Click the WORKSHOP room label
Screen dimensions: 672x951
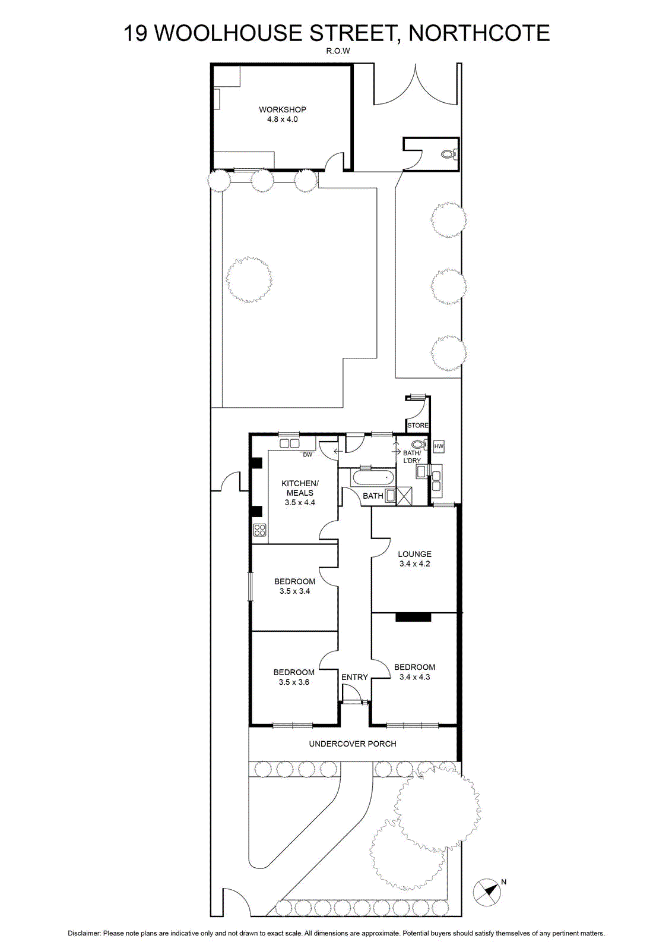point(283,109)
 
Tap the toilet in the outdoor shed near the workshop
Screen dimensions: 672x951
point(449,154)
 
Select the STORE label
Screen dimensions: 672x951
point(417,425)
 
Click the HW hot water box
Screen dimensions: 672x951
point(439,446)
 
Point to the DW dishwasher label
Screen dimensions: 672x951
point(308,455)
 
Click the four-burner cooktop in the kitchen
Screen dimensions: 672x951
point(259,530)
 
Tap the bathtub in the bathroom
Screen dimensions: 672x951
point(373,478)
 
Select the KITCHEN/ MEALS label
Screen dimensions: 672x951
point(300,488)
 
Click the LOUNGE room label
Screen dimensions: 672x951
point(414,554)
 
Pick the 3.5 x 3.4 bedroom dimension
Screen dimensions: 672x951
point(294,591)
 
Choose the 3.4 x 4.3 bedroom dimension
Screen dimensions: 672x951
point(414,677)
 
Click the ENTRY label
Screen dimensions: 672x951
point(354,677)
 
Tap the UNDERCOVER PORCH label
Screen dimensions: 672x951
point(353,744)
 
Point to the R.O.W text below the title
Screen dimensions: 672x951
point(337,51)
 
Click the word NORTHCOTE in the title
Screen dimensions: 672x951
point(479,33)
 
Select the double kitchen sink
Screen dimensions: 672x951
point(290,443)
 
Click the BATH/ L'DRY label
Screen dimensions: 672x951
point(411,457)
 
